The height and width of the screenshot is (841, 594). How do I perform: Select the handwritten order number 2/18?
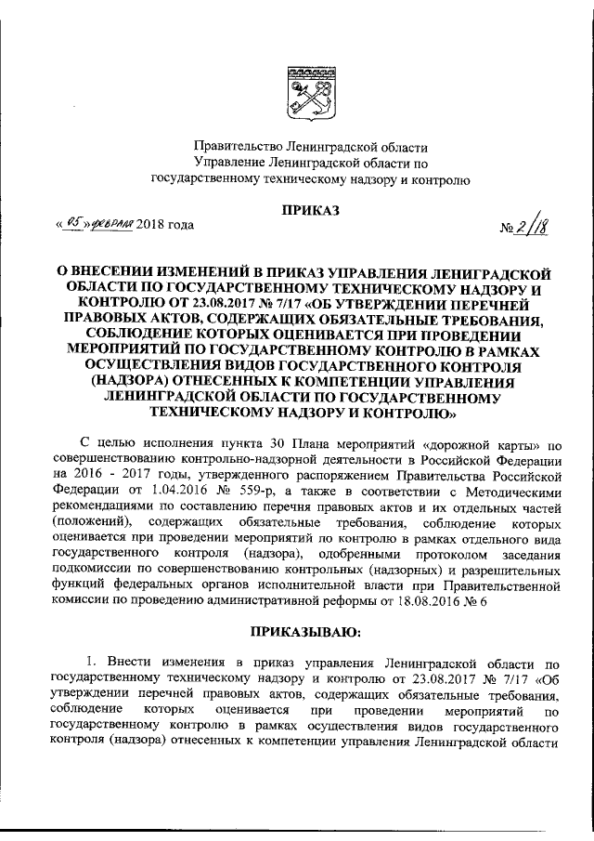click(x=529, y=226)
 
